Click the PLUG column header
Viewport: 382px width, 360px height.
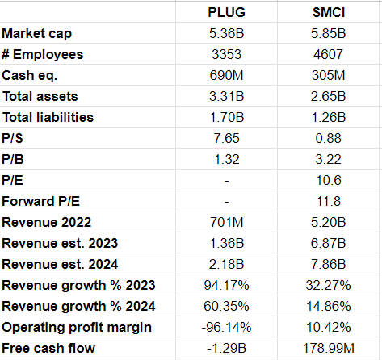tap(226, 12)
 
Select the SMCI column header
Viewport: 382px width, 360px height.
tap(329, 12)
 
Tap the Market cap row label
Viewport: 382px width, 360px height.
tap(37, 34)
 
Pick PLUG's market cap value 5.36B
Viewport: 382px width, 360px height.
tap(226, 33)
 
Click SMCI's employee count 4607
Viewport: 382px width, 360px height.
tap(328, 54)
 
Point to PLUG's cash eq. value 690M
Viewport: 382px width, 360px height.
tap(226, 75)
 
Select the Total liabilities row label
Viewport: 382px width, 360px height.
tap(48, 117)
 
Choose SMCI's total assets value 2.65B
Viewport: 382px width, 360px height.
tap(328, 96)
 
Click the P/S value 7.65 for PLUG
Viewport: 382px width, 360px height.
tap(226, 138)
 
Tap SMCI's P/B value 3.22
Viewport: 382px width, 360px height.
tap(328, 159)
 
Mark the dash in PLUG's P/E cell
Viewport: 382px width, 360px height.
tap(227, 181)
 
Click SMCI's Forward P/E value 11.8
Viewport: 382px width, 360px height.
tap(329, 201)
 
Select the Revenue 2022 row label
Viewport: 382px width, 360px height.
tap(47, 222)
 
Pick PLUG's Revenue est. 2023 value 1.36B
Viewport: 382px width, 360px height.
tap(227, 243)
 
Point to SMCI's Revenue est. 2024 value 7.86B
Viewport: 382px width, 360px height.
tap(328, 264)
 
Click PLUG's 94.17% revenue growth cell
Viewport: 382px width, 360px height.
tap(226, 285)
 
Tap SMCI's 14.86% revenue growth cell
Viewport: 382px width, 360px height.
tap(329, 306)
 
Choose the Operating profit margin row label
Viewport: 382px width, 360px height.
tap(77, 328)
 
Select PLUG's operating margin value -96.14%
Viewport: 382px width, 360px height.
tap(226, 327)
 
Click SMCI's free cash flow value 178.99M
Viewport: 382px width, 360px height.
tap(329, 348)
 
